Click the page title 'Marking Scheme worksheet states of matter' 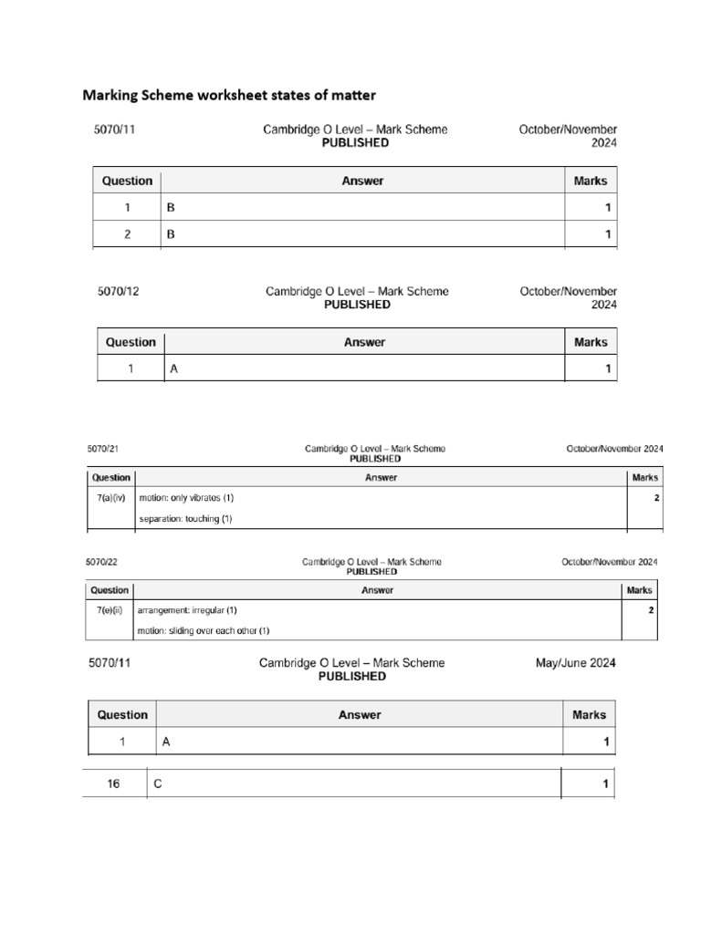coord(229,95)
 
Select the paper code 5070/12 coord(119,293)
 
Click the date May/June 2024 coord(575,663)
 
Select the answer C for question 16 coord(158,784)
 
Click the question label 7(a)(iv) coord(110,499)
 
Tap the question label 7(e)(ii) coord(110,610)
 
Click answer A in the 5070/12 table coord(172,369)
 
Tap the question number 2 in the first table coord(128,234)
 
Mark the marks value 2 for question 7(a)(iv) coord(656,499)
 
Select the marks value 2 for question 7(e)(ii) coord(651,610)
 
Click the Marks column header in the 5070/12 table coord(591,342)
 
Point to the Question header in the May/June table coord(122,715)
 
